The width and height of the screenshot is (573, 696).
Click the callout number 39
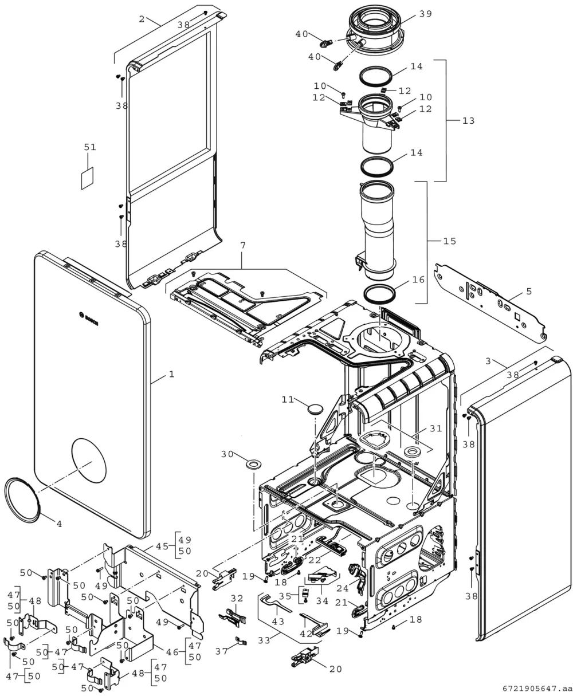[x=426, y=14]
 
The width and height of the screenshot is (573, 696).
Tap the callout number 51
[x=90, y=147]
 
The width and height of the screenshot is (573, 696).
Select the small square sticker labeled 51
[x=88, y=178]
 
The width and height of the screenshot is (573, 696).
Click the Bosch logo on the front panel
[x=89, y=318]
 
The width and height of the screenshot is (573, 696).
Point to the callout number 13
[x=468, y=121]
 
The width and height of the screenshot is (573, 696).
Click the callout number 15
[x=450, y=241]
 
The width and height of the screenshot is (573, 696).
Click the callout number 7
[x=243, y=246]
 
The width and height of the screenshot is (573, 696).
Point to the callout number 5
[x=529, y=292]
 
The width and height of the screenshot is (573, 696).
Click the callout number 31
[x=435, y=428]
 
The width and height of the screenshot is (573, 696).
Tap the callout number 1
[x=171, y=374]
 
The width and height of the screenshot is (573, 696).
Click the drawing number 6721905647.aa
[x=537, y=689]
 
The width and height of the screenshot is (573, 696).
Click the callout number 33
[x=264, y=640]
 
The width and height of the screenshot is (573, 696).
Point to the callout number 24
[x=343, y=588]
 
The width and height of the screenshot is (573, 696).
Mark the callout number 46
[x=172, y=652]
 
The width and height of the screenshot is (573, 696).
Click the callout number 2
[x=142, y=19]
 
